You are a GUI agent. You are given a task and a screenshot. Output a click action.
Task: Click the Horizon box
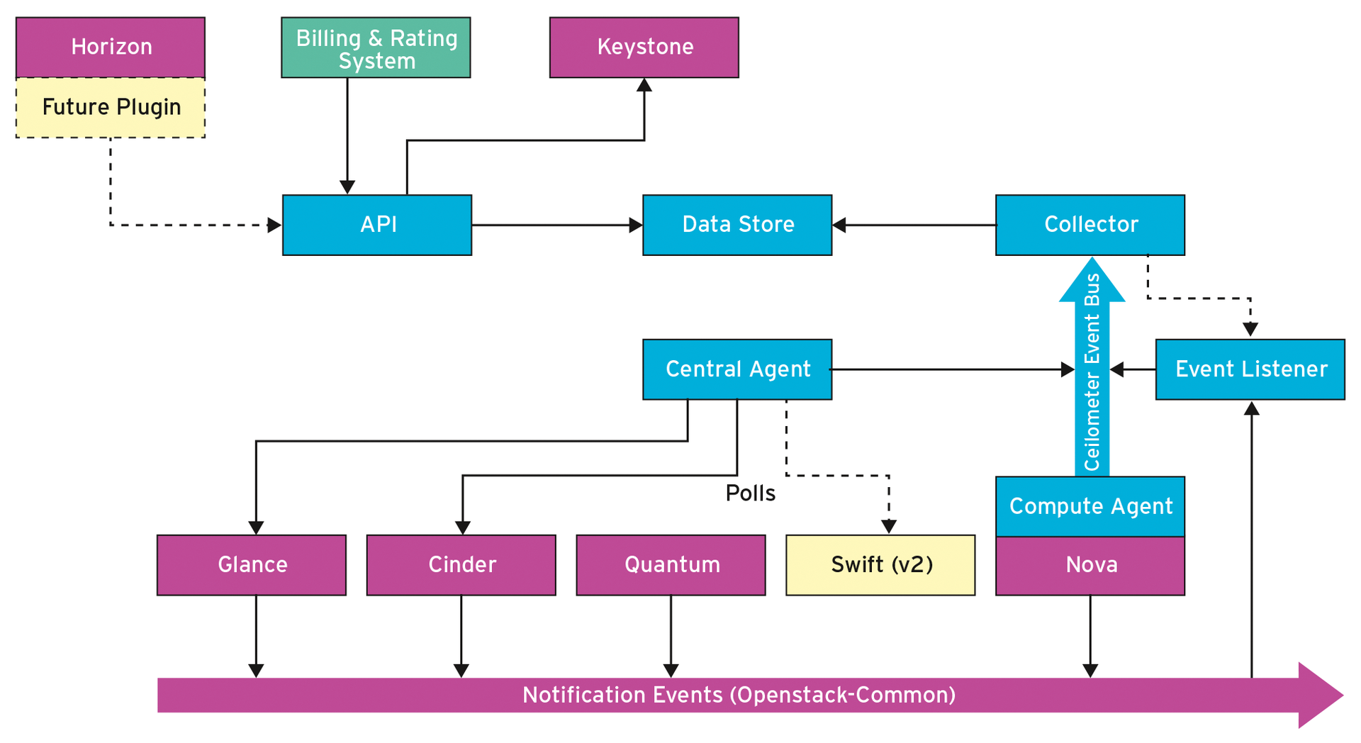click(x=111, y=48)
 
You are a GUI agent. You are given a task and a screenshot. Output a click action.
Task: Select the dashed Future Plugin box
click(x=111, y=108)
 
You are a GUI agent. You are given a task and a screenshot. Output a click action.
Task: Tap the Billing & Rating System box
click(x=376, y=48)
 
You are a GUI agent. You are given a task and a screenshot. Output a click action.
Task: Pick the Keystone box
click(x=644, y=48)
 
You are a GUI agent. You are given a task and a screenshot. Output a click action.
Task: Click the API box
click(x=377, y=225)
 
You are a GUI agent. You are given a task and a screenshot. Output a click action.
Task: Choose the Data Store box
click(x=737, y=225)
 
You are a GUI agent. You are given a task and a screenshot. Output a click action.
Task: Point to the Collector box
click(x=1090, y=225)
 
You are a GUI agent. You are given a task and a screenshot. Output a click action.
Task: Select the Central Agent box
click(x=737, y=369)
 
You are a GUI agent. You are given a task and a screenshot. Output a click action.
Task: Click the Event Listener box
click(x=1250, y=369)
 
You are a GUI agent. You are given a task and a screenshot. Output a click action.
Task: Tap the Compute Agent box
click(x=1090, y=506)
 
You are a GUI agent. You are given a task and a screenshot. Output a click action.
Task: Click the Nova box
click(x=1090, y=566)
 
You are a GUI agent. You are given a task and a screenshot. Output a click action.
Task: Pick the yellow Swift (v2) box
click(x=880, y=565)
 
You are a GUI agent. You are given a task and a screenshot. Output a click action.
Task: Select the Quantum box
click(x=671, y=565)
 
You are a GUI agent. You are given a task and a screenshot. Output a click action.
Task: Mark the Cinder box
click(x=461, y=565)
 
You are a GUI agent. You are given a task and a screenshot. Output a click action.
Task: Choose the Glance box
click(x=252, y=565)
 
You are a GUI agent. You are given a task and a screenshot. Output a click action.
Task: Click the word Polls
click(x=750, y=493)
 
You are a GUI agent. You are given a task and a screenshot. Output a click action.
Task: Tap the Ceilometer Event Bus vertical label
click(x=1092, y=372)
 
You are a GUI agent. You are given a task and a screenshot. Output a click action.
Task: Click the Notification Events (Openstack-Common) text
click(x=739, y=695)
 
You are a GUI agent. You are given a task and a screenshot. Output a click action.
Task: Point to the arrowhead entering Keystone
click(x=644, y=86)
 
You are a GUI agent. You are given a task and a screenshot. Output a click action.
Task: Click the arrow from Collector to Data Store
click(x=914, y=225)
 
